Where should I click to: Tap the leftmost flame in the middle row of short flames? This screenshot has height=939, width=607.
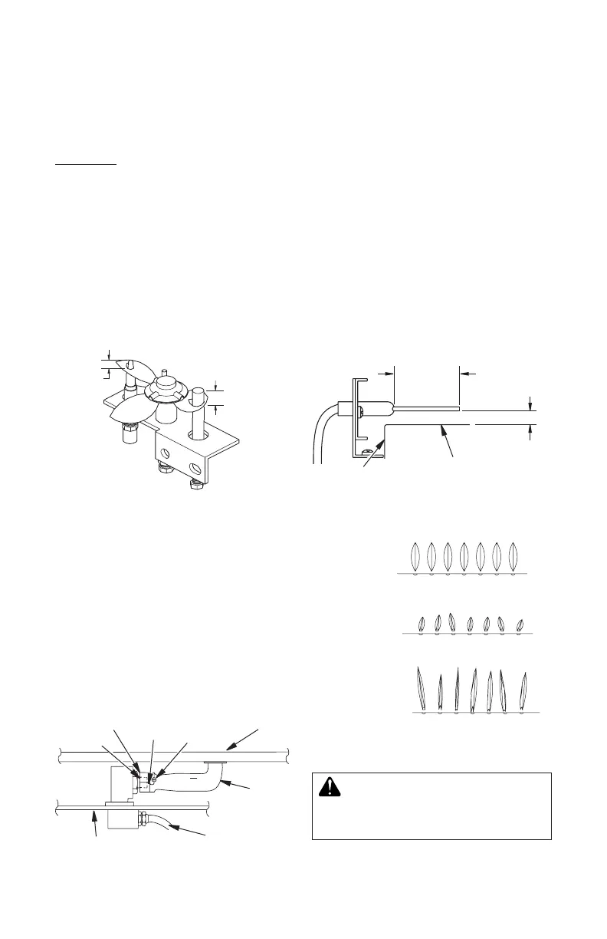[x=422, y=623]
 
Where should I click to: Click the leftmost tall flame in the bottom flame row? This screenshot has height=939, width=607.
[x=421, y=688]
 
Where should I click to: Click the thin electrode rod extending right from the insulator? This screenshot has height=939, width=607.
[x=426, y=407]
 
